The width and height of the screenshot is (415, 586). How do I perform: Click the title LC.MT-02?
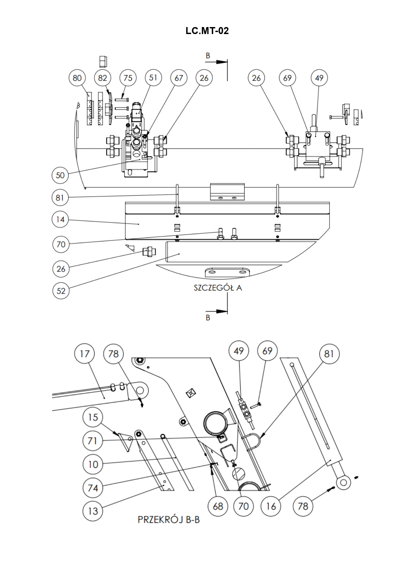pos(207,31)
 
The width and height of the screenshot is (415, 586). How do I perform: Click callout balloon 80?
pos(77,78)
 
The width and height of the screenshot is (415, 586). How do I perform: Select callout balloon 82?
pos(103,78)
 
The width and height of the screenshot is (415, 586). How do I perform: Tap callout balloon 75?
pos(128,78)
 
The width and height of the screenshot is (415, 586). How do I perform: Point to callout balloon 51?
pos(153,78)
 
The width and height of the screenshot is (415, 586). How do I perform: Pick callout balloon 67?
pos(179,78)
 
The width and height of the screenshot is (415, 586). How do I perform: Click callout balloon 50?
pos(60,175)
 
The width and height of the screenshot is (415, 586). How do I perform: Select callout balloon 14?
pos(60,219)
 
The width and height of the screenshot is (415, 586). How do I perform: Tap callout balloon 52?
pos(61,290)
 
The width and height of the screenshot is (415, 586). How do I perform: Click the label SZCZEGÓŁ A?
pos(218,288)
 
